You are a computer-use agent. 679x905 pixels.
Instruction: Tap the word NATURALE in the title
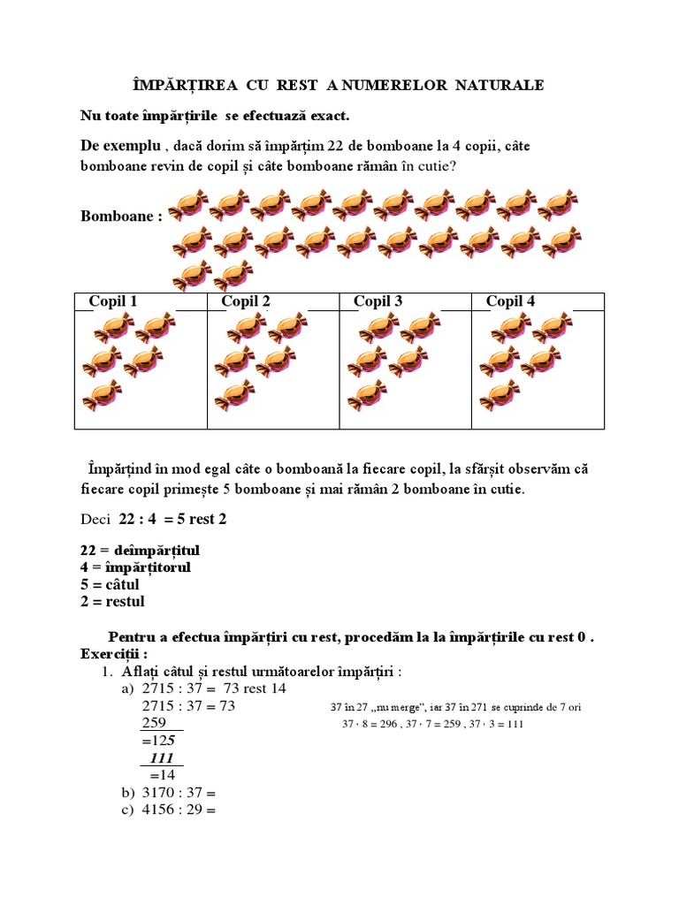500,85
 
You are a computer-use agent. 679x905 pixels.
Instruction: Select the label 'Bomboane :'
121,217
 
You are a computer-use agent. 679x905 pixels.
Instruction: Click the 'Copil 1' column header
113,301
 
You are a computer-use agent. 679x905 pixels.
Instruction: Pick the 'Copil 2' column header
246,301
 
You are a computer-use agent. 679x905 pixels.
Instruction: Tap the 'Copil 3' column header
378,301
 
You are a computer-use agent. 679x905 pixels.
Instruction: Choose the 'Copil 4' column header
510,301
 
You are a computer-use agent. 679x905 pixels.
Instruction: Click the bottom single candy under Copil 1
102,394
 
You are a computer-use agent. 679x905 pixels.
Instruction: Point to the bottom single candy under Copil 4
500,394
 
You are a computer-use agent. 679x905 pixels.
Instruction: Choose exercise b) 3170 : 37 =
177,792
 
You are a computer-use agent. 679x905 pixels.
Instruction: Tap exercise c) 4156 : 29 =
177,809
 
